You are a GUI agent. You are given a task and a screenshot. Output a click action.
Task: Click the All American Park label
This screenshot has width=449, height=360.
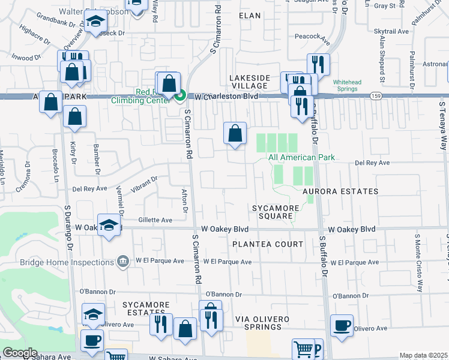tap(301, 157)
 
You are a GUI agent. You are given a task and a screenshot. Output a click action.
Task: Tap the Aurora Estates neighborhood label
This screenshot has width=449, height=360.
tap(340, 191)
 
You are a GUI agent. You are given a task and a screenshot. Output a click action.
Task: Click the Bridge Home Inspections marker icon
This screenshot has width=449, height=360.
tap(123, 261)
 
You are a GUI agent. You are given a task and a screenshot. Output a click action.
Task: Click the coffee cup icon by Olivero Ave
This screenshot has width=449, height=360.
tap(342, 326)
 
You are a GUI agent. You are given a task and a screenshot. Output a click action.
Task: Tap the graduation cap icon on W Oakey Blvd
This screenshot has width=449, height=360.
tap(109, 225)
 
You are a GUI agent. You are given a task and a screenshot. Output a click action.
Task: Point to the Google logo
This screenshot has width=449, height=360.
tap(20, 353)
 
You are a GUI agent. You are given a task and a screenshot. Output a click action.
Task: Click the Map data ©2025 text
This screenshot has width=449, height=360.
tap(423, 355)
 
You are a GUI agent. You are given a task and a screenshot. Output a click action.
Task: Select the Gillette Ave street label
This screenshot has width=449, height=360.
tap(155, 220)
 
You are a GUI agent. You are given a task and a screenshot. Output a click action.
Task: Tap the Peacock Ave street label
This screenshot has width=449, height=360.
tap(313, 36)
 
